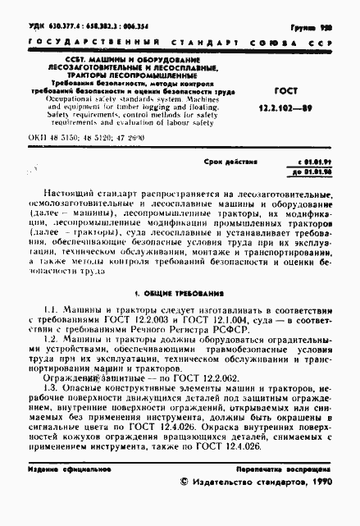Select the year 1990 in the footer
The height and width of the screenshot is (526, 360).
click(x=317, y=508)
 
